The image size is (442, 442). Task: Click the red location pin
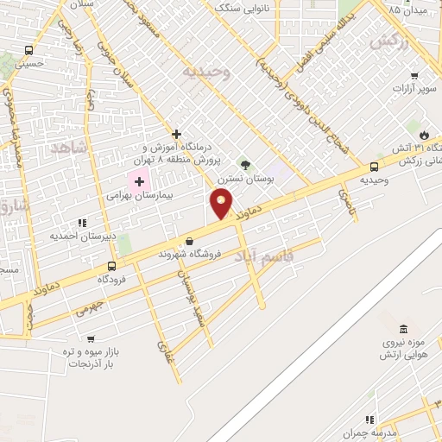click(222, 204)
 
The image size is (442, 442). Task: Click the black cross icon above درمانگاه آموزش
click(176, 134)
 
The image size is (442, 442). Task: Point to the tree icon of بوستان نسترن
click(245, 164)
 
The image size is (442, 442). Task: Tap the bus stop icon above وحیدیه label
click(374, 167)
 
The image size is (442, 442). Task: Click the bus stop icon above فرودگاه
click(111, 266)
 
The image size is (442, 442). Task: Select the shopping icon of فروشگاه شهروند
click(189, 241)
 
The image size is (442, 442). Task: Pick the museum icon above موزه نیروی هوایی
click(404, 329)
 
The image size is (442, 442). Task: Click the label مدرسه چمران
click(387, 432)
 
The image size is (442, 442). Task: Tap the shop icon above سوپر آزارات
click(414, 74)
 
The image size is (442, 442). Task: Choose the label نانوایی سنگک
click(243, 8)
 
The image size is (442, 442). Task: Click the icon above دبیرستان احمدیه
click(81, 222)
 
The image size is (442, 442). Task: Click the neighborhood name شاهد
click(70, 148)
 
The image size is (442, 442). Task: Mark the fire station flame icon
click(425, 134)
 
